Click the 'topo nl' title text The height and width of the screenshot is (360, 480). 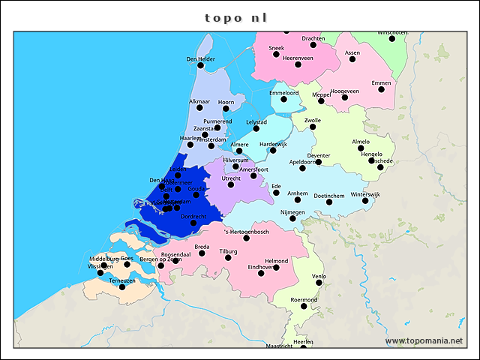point(236,17)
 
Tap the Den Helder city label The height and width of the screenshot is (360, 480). point(200,59)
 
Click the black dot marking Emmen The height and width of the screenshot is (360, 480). point(381,90)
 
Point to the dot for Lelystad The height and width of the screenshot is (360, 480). point(256,129)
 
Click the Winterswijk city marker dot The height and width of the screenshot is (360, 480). point(365,201)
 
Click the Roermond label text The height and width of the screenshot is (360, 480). point(304,299)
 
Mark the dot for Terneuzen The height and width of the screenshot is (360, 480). point(122,287)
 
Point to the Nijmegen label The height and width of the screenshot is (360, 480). point(292,212)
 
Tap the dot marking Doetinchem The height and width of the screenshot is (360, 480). point(329,202)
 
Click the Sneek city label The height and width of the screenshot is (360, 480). point(277,48)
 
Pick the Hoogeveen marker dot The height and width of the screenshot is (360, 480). point(345,97)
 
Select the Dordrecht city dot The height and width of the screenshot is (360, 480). point(193,223)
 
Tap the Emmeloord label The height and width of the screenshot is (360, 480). point(283,93)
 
